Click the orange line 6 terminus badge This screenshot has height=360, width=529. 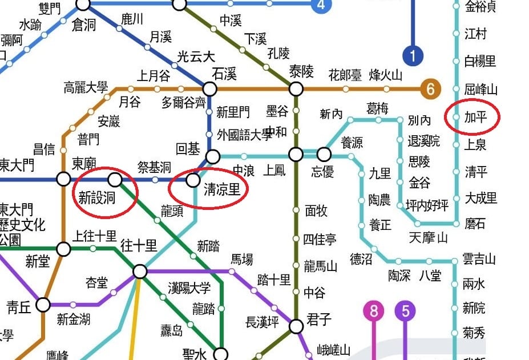tap(431, 89)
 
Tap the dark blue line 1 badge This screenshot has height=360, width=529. tap(412, 56)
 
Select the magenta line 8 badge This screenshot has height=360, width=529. tap(374, 312)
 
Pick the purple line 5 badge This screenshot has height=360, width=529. tap(405, 312)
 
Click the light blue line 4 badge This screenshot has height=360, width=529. tap(322, 6)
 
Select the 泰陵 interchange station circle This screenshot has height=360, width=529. tap(296, 89)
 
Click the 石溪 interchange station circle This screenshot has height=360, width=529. tap(210, 89)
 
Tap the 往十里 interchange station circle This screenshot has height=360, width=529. tap(140, 271)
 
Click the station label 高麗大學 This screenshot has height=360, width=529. tap(86, 88)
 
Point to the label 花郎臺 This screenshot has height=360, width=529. tap(345, 75)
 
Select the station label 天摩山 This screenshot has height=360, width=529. tap(428, 237)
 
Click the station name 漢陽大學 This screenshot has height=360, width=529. tap(189, 288)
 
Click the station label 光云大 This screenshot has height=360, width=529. tap(196, 57)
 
